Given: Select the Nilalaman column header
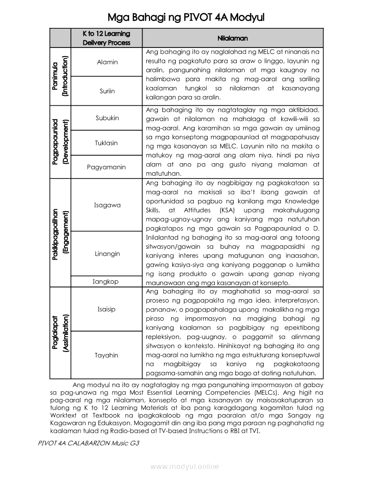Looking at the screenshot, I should click(233, 39).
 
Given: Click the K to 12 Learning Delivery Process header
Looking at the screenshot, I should click(106, 38).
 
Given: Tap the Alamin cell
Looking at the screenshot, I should click(107, 62).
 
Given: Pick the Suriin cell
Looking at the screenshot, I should click(107, 91).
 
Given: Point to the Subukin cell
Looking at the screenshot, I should click(107, 118).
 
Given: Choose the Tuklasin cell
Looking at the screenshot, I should click(106, 143).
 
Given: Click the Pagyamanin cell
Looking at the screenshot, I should click(106, 167).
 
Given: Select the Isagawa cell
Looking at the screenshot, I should click(107, 205).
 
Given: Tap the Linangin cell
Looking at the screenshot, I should click(107, 254).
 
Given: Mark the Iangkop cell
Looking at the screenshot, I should click(105, 282).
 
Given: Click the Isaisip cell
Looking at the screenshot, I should click(107, 309).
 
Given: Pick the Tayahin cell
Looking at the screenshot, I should click(106, 356).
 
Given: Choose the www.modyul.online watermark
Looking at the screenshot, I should click(185, 467).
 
